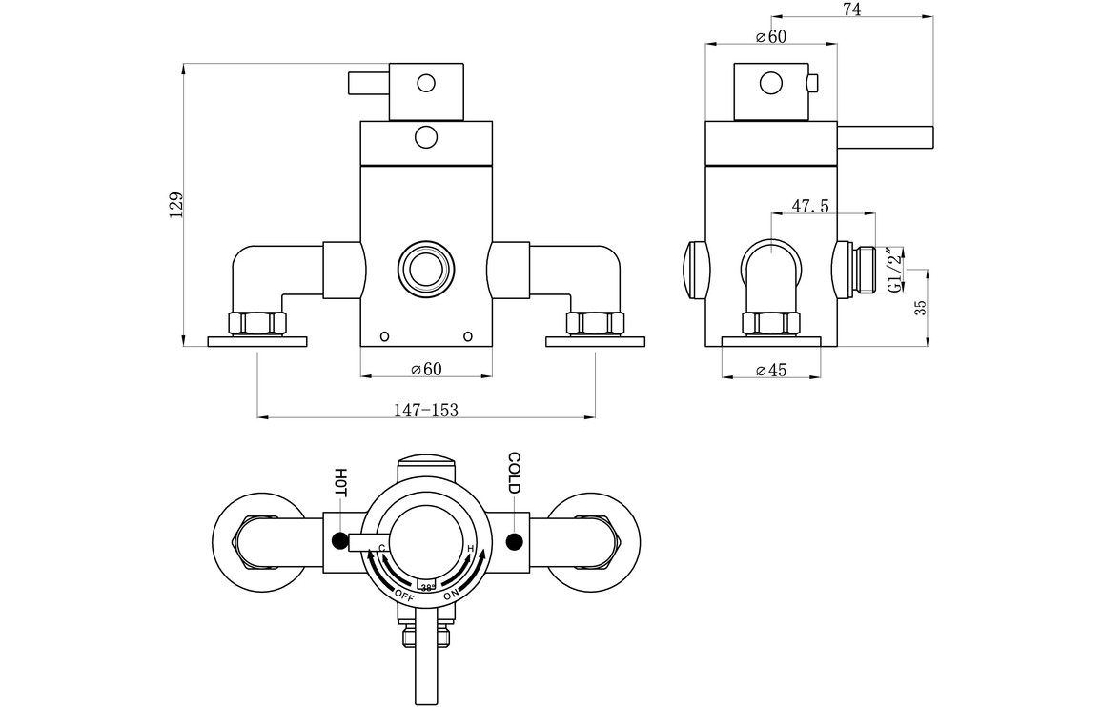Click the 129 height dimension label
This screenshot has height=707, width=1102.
coord(174,205)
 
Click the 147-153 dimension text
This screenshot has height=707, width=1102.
coord(426,410)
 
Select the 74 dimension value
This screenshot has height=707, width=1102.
coord(852,10)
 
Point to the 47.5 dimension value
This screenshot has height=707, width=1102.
coord(809,206)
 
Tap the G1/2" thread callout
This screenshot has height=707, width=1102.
coord(893,269)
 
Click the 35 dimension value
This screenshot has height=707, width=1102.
coord(920,308)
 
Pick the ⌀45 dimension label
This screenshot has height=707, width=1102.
coord(770,371)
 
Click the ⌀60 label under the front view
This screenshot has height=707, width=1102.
coord(426,369)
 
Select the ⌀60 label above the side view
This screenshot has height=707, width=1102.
coord(770,36)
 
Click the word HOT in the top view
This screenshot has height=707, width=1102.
coord(340,481)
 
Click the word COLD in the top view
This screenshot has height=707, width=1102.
coord(514,474)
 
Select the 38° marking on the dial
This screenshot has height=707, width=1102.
coord(426,588)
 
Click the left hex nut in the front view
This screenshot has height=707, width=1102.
coord(257,323)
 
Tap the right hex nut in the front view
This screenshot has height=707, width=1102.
coord(594,323)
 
